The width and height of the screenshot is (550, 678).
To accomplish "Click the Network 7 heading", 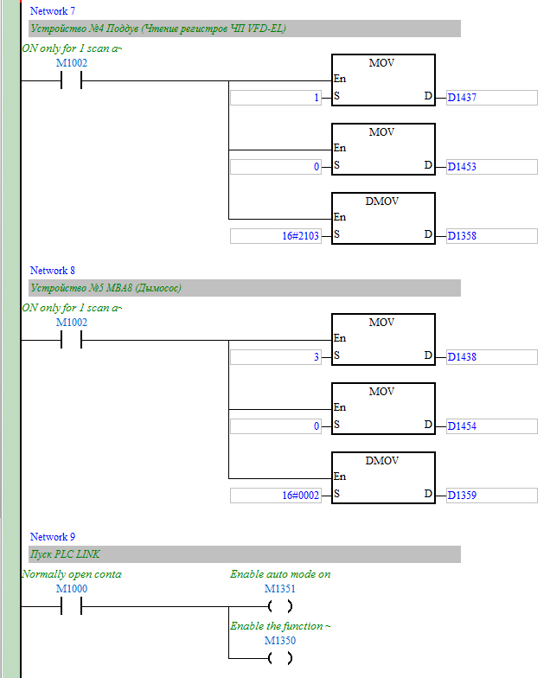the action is coord(52,11).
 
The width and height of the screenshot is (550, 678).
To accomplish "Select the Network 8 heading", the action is coord(52,271).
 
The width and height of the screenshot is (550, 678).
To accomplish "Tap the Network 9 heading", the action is coord(52,537).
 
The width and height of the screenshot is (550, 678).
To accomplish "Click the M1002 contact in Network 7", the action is coord(71,80).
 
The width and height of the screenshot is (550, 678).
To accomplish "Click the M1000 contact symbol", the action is coord(71,606).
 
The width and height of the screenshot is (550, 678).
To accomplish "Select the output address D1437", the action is coord(462,98).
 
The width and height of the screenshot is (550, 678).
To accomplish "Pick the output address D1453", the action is coord(462,167).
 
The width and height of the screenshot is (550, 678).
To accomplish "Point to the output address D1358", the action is coord(462,236).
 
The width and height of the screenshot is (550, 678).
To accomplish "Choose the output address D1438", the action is coord(462,357).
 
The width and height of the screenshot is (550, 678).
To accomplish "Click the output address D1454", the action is coord(462,426).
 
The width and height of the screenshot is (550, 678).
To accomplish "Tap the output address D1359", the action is coord(462,496).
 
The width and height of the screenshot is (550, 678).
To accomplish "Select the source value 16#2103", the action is coord(301,236).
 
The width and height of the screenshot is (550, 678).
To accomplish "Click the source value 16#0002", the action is coord(301,496).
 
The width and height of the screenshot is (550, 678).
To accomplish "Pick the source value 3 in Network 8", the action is coord(317,357).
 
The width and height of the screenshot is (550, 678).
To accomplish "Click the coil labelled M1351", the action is coord(280,606).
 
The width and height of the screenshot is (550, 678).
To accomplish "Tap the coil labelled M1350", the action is coord(280,658).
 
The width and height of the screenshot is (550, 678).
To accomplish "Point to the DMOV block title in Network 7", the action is coord(382,201).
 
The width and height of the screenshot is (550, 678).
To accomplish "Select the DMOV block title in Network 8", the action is coord(382,461).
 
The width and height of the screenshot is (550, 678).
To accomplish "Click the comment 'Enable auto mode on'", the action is coord(280,574).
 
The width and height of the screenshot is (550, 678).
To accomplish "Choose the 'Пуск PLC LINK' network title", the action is coord(65,554).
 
